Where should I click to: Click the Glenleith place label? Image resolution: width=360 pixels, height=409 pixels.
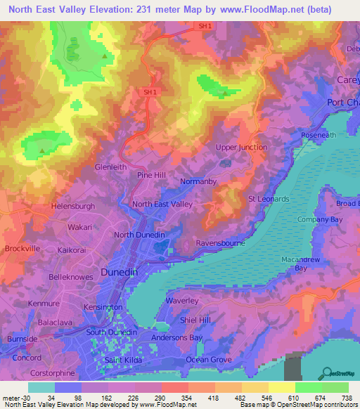110,167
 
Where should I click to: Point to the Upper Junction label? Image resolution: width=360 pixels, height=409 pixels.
241,148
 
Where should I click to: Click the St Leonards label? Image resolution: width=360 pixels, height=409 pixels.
269,199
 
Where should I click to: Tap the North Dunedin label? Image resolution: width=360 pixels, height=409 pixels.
139,235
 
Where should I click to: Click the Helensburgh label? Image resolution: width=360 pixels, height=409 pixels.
73,207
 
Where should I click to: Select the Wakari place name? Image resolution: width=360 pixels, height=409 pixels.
80,228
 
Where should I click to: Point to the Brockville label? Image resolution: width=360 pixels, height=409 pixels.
22,249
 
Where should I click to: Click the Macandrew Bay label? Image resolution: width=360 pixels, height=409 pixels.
301,264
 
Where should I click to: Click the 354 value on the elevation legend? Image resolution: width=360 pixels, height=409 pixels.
176,398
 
